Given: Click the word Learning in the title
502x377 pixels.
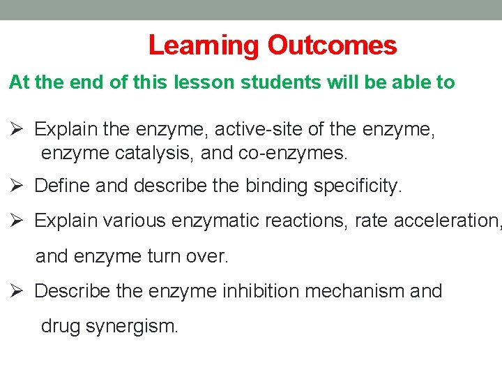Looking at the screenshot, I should (x=204, y=46).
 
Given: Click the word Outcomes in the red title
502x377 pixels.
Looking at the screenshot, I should (x=332, y=46).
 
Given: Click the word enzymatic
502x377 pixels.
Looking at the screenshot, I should (x=212, y=221).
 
